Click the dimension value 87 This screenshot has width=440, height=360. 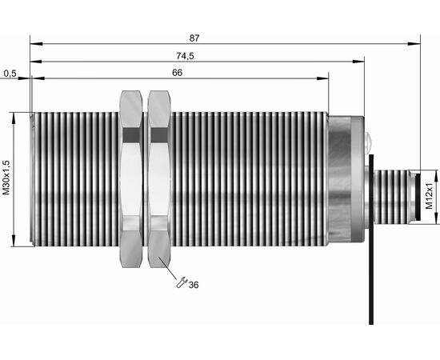click(x=194, y=38)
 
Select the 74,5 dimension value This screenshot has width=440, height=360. click(x=186, y=56)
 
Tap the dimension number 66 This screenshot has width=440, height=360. click(x=177, y=73)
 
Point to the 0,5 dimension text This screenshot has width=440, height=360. click(x=10, y=74)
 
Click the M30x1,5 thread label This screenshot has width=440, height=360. click(x=6, y=178)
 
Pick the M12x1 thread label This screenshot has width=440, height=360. click(x=429, y=197)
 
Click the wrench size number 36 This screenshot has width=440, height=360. click(x=194, y=285)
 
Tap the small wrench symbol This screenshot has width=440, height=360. click(x=182, y=282)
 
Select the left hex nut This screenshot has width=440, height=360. click(x=130, y=178)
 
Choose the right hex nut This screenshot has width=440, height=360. click(x=159, y=178)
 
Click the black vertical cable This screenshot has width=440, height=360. click(x=371, y=239)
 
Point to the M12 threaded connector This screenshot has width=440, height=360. click(x=392, y=197)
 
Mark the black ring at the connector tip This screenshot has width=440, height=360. click(x=418, y=197)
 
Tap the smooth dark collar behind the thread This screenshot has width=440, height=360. click(x=339, y=178)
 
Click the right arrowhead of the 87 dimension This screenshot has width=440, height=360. click(x=414, y=44)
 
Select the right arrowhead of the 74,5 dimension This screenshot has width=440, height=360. click(x=358, y=62)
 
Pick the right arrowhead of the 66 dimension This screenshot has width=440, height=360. click(x=322, y=78)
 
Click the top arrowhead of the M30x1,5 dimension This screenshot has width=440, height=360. click(x=13, y=118)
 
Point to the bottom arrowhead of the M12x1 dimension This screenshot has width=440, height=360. click(x=436, y=218)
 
